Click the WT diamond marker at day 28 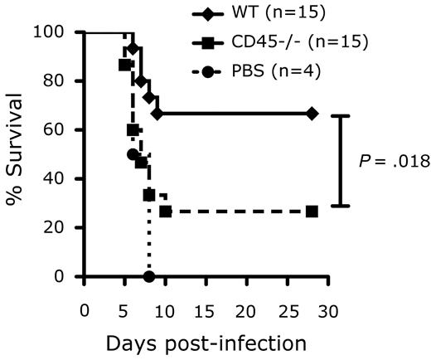point(312,113)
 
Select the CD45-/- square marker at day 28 point(312,212)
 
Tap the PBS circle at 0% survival point(148,276)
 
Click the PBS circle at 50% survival point(133,154)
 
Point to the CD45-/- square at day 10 point(165,212)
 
